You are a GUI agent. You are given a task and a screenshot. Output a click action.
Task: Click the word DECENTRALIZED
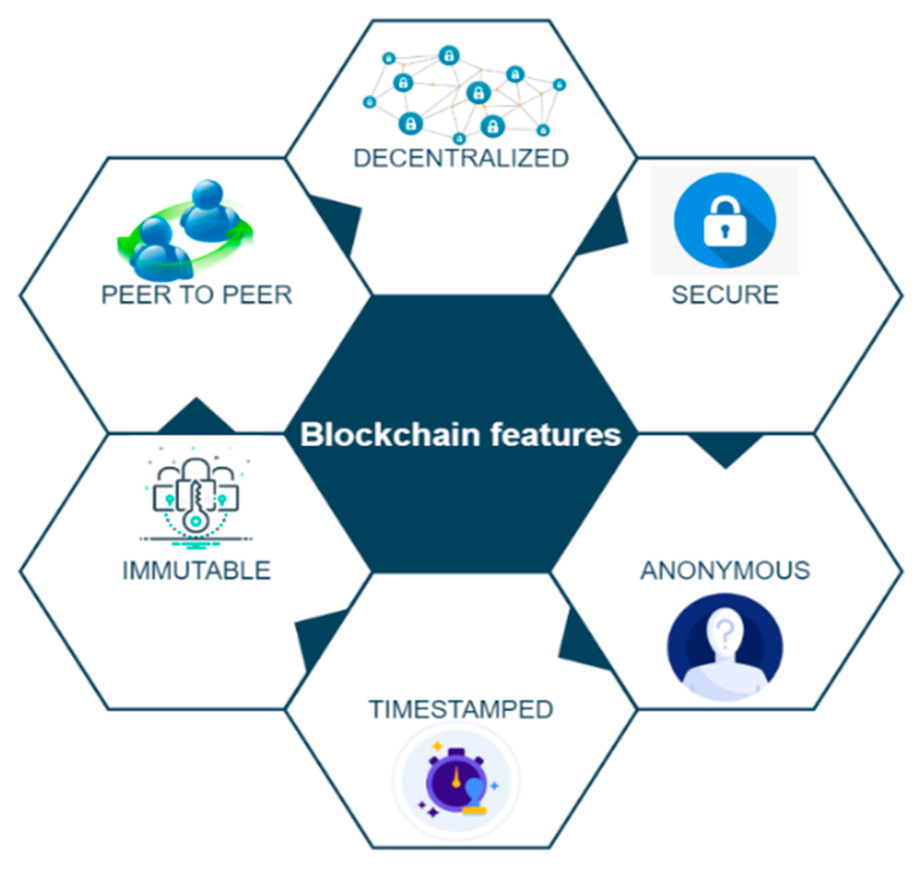tap(461, 158)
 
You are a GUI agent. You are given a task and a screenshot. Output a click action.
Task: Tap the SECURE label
tap(725, 295)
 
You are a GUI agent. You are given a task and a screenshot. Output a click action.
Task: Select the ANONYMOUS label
tap(725, 570)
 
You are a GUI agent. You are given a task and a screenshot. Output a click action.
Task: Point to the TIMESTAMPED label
tap(461, 709)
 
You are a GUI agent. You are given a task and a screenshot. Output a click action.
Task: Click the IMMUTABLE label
tap(196, 570)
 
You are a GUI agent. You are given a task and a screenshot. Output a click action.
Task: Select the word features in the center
tap(555, 435)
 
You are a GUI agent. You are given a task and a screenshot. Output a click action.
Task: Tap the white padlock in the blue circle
tap(725, 222)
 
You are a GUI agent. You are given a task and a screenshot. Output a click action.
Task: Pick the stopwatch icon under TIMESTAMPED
tap(456, 783)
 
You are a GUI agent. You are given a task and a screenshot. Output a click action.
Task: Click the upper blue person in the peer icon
tap(209, 209)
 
